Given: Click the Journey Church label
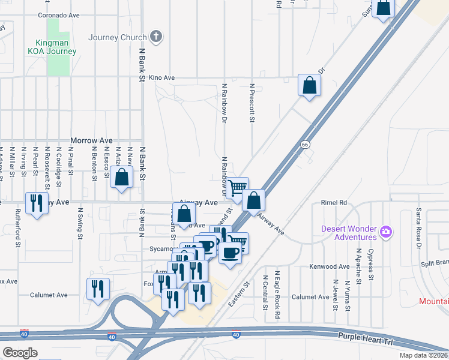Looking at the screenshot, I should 117,37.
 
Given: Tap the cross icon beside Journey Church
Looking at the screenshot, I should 156,37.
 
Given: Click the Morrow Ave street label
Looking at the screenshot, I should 91,140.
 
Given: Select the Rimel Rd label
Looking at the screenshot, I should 334,203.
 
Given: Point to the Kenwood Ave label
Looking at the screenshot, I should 329,266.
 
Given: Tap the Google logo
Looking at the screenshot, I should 20,352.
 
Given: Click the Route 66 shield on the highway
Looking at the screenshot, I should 305,145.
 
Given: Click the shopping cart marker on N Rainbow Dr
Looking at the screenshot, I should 238,187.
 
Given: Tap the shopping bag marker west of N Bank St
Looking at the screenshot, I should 122,177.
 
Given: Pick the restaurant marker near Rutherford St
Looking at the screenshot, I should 38,202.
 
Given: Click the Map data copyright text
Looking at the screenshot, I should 424,355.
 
